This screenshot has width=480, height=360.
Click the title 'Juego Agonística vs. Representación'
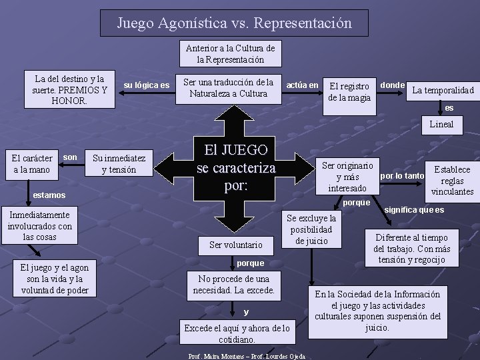234,23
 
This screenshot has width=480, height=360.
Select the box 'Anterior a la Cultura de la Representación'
230,54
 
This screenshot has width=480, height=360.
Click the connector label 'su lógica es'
147,85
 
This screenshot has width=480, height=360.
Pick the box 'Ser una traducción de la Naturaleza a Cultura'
228,88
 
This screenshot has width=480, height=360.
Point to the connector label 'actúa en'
302,85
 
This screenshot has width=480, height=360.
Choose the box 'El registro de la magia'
349,92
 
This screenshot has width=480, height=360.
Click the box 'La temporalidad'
443,90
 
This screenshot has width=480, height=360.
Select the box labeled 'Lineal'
441,125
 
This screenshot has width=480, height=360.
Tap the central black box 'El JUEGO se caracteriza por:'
236,167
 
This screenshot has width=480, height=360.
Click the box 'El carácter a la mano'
33,164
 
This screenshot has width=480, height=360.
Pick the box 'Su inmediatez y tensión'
119,164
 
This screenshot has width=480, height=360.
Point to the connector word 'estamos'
49,195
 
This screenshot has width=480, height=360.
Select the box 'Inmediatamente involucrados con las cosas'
39,226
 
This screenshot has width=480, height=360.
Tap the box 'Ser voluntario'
236,245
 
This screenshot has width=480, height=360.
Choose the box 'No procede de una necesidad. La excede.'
233,285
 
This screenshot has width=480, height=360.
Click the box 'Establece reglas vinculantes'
452,181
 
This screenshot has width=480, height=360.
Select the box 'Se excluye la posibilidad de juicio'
311,229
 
